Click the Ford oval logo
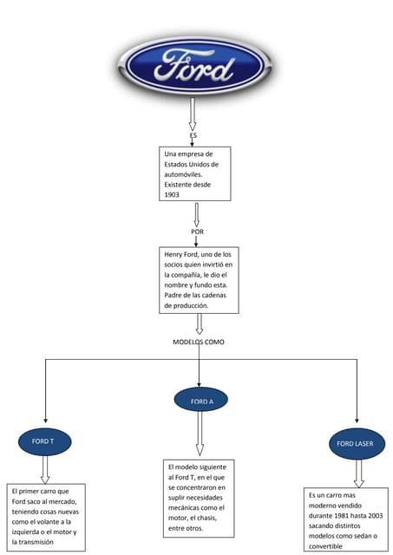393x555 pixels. click(x=193, y=66)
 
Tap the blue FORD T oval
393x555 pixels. click(x=43, y=441)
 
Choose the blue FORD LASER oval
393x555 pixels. click(x=356, y=444)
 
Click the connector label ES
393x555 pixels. click(x=193, y=136)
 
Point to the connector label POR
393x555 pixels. click(x=197, y=232)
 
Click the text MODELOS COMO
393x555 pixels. click(x=199, y=342)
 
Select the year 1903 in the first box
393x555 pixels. click(x=173, y=195)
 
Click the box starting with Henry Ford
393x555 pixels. click(x=199, y=279)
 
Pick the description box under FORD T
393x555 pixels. click(x=47, y=518)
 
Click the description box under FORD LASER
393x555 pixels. click(x=346, y=520)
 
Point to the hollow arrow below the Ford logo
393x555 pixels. click(x=193, y=114)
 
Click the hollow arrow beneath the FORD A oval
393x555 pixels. click(x=200, y=433)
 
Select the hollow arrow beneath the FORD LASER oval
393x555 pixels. click(x=358, y=472)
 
